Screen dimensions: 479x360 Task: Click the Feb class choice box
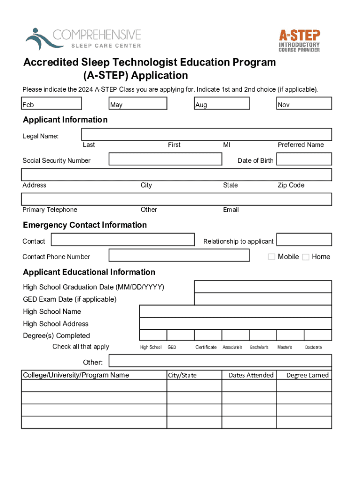click(x=51, y=103)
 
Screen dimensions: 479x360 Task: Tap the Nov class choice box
click(x=304, y=103)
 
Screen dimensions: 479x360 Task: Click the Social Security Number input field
click(x=166, y=159)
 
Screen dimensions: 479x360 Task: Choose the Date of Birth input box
click(x=303, y=159)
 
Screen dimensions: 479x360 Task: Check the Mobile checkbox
click(x=272, y=257)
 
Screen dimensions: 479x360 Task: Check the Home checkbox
click(x=306, y=257)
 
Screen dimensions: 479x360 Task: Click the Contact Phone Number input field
click(x=179, y=255)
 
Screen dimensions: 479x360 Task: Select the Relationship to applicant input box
click(x=303, y=240)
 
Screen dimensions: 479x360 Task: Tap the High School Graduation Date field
click(x=263, y=287)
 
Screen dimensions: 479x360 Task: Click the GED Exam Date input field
click(x=263, y=299)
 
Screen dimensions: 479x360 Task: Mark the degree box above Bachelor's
click(x=263, y=335)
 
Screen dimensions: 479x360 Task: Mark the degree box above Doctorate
click(x=318, y=335)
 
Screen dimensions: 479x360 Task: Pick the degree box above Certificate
click(x=208, y=335)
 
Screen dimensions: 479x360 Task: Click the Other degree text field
click(x=220, y=361)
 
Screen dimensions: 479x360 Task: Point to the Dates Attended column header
click(x=251, y=375)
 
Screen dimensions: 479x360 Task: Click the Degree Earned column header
click(x=308, y=375)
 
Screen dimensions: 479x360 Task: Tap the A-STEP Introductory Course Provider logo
click(x=299, y=40)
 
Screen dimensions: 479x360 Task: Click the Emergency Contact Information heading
click(x=85, y=225)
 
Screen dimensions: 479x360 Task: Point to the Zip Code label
click(x=291, y=185)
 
